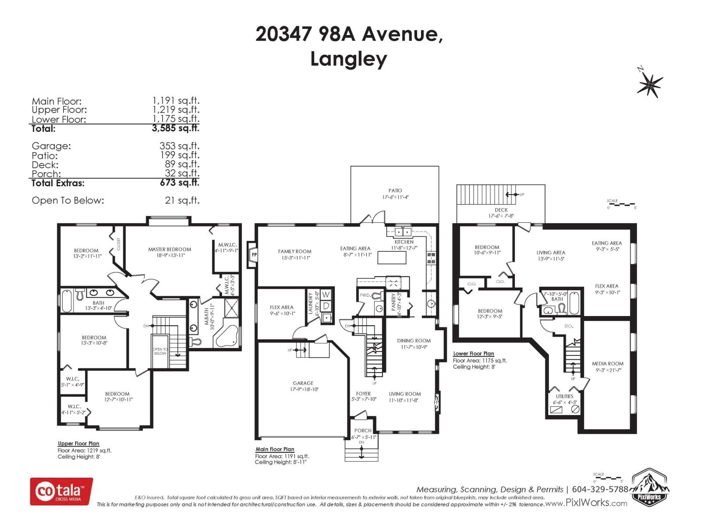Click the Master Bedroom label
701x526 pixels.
[170, 249]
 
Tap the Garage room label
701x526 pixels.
[303, 383]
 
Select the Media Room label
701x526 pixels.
[607, 364]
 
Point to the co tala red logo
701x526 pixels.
[61, 491]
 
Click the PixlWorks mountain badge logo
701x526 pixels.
[649, 487]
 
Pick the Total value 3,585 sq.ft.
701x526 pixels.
[175, 128]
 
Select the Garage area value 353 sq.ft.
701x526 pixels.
[179, 146]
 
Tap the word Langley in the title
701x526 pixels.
[349, 59]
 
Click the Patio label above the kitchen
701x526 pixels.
[395, 191]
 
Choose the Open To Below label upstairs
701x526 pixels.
[160, 351]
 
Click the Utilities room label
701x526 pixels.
[564, 396]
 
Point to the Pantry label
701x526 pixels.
[393, 302]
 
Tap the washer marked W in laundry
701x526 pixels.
[326, 295]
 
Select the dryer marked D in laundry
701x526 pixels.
[326, 305]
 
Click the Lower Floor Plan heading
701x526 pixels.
[474, 354]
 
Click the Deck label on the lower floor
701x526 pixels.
[501, 210]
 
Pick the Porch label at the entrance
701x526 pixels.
[363, 431]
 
